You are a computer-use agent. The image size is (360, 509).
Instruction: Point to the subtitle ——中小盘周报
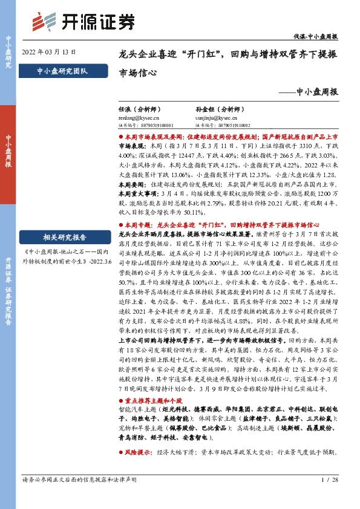[314, 92]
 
